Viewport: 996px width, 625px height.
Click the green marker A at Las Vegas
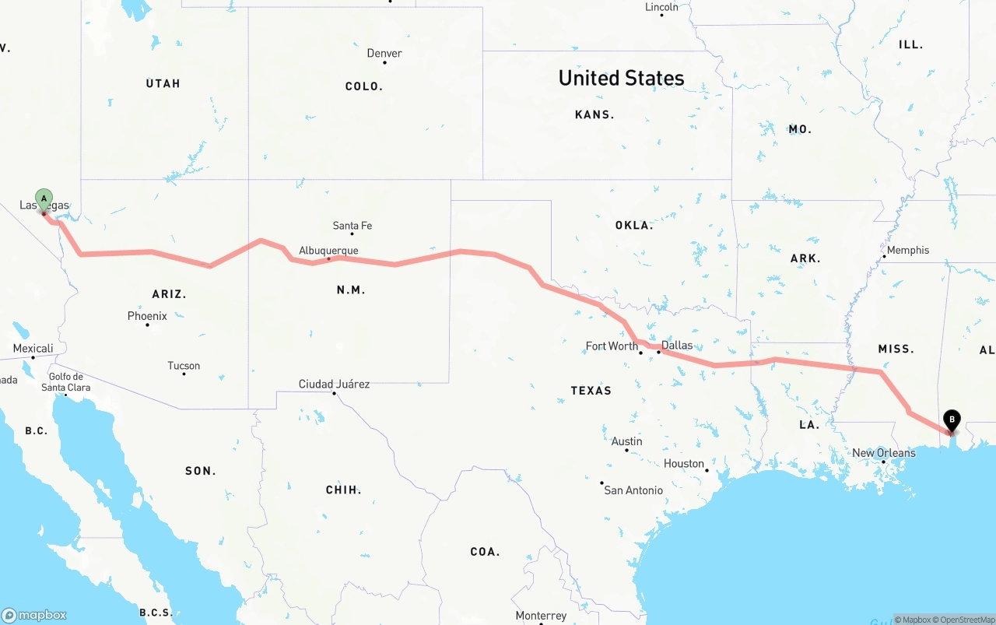tap(44, 198)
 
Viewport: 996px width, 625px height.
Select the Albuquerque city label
tap(328, 251)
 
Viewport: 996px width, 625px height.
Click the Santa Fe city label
tap(352, 226)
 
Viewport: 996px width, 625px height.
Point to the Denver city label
tap(384, 54)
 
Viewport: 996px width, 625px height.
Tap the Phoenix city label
tap(147, 316)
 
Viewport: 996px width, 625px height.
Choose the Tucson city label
tap(184, 366)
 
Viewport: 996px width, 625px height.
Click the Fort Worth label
tap(612, 346)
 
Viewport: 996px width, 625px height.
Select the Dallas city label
tap(676, 346)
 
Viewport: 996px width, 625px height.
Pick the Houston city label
tap(684, 464)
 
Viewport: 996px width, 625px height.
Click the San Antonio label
tap(633, 490)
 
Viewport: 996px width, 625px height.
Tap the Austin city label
tap(626, 441)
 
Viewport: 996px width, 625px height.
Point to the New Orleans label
tap(884, 453)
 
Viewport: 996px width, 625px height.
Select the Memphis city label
tap(908, 250)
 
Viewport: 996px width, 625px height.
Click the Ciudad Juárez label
tap(334, 384)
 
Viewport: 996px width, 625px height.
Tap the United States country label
tap(621, 78)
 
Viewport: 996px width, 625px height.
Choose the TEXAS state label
tap(591, 391)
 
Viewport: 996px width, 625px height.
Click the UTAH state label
tap(163, 83)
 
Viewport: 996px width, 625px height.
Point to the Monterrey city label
tap(541, 616)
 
